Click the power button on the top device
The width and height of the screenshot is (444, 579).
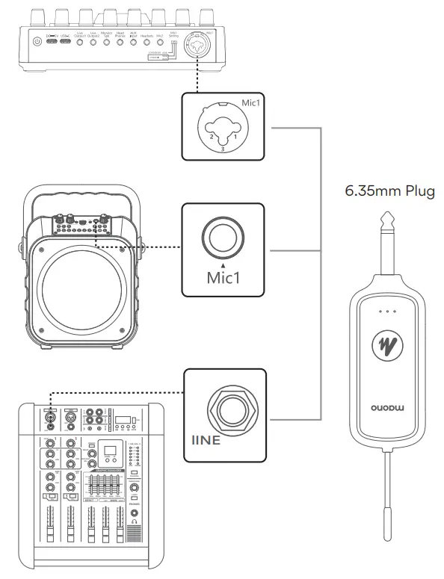(x=38, y=41)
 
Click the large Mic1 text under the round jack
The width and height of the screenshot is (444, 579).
(x=223, y=278)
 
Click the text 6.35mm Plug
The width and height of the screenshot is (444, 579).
(x=389, y=191)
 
